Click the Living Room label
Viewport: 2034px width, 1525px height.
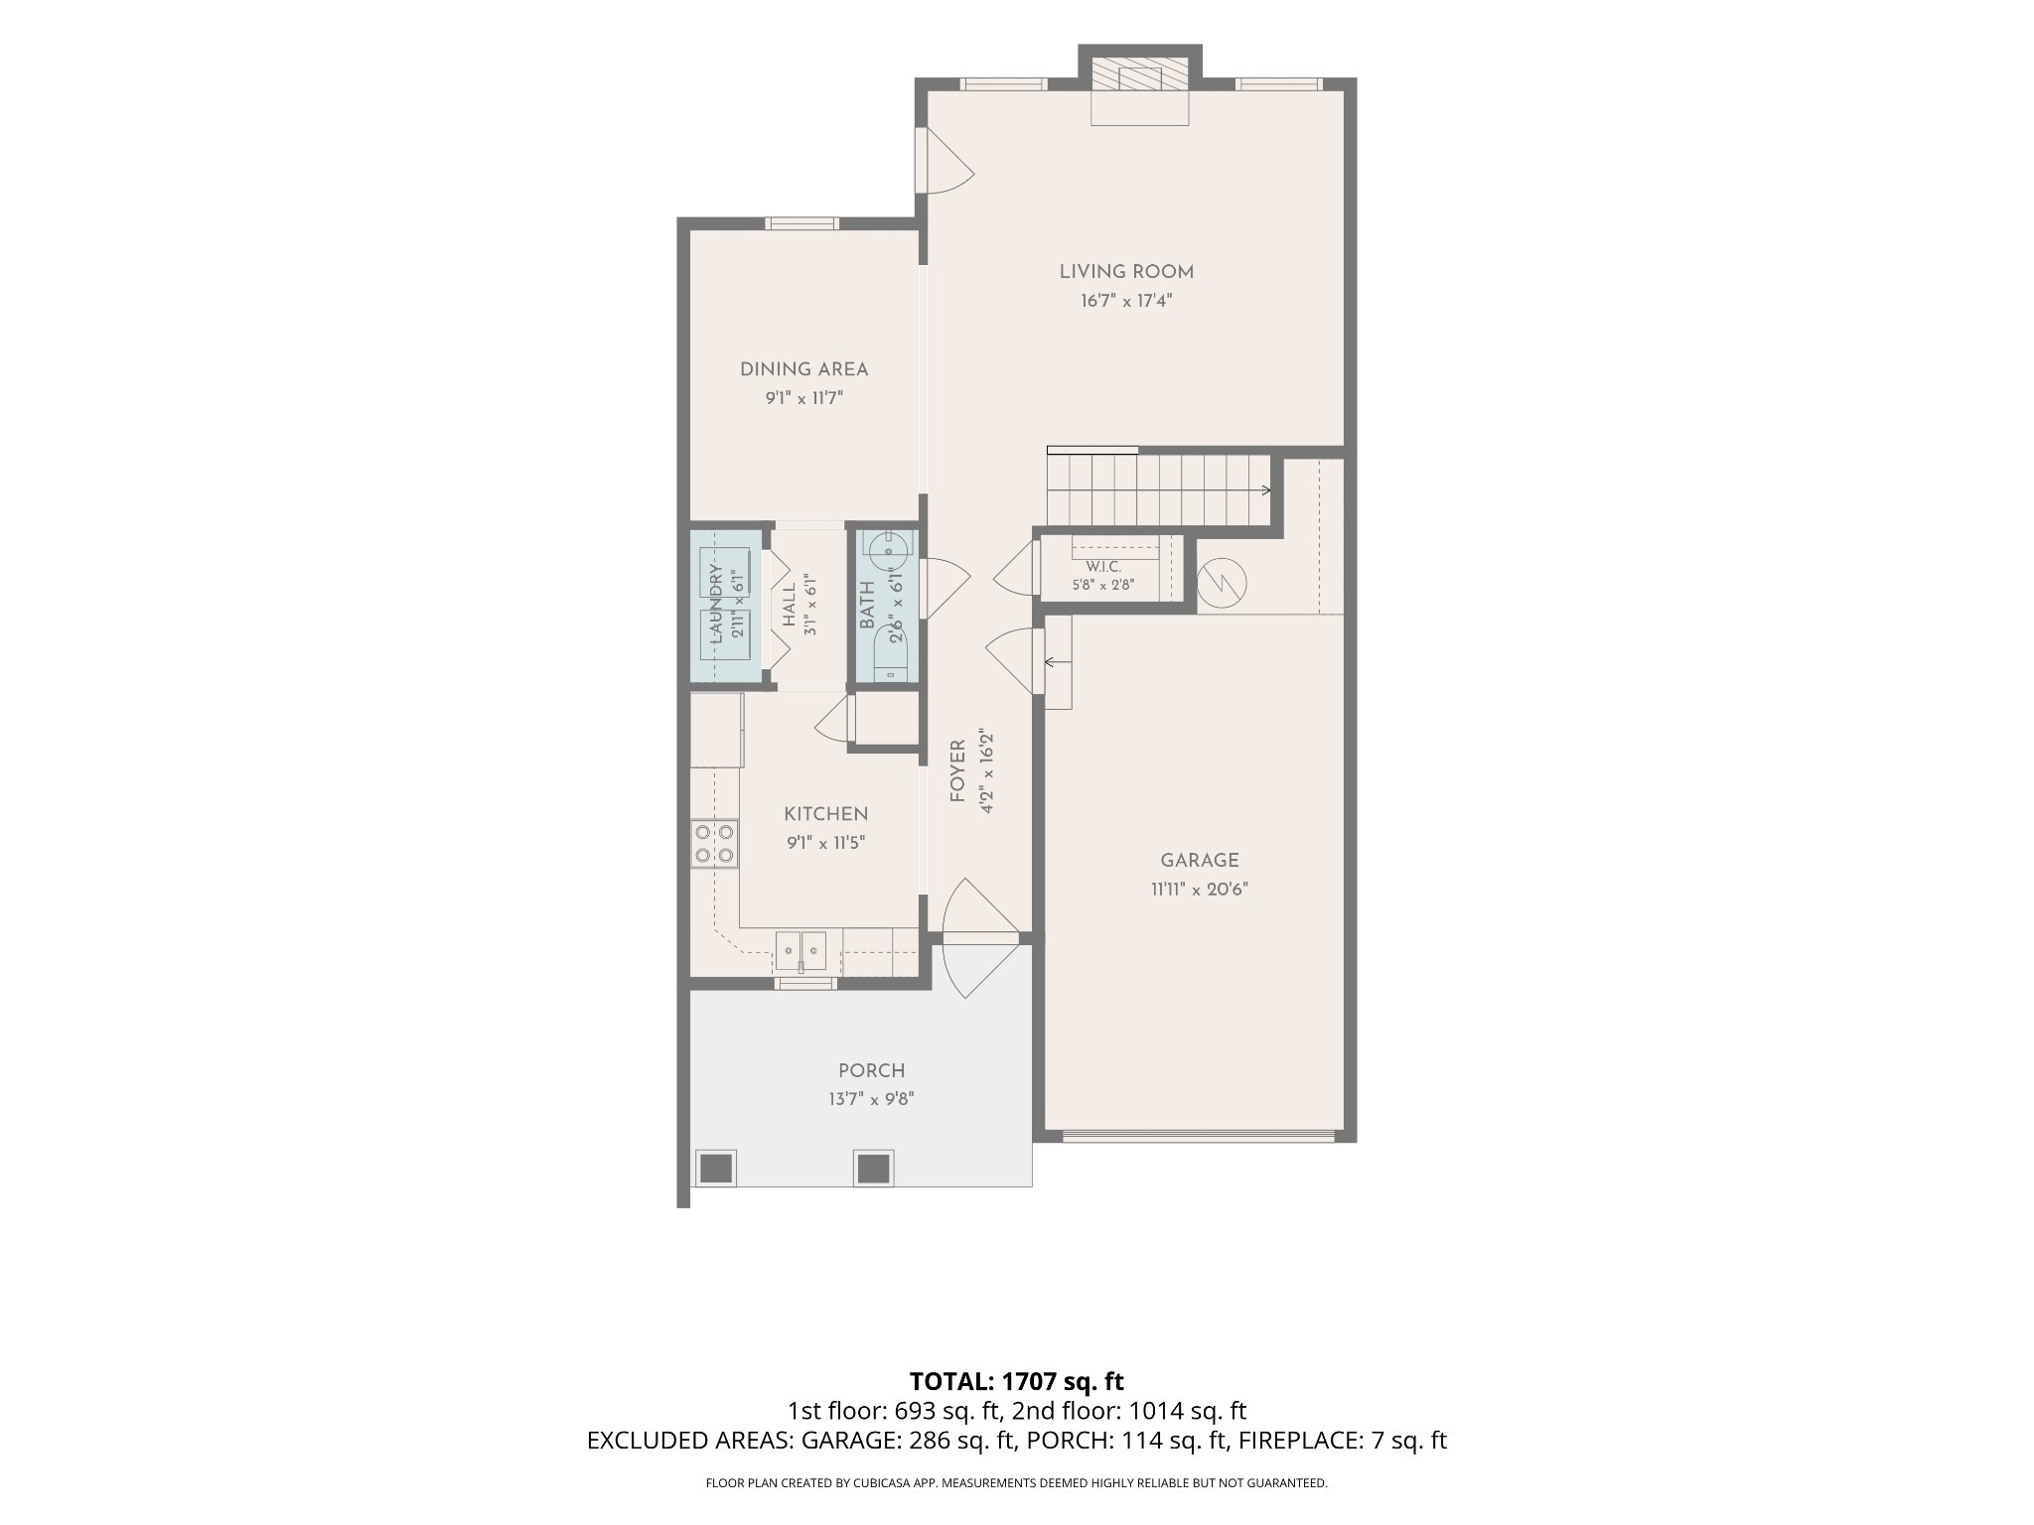coord(1126,271)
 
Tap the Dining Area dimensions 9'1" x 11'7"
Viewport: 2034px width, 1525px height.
coord(803,398)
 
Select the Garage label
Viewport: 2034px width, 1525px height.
coord(1200,860)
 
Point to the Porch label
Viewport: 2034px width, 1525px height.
coord(871,1070)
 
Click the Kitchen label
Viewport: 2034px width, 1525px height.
coord(825,814)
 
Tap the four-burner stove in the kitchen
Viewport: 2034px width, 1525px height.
coord(714,844)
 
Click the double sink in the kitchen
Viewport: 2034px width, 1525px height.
coord(800,951)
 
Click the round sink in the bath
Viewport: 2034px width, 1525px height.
coord(884,547)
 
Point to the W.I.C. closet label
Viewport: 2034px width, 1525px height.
coord(1102,567)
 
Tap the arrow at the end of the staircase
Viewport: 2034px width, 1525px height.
coord(1265,489)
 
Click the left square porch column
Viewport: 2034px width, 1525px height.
coord(715,1168)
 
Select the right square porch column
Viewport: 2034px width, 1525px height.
coord(873,1168)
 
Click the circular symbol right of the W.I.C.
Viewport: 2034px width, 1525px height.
coord(1222,583)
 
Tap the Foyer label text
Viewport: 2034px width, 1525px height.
coord(957,770)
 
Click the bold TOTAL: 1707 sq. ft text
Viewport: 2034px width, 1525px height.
coord(1016,1381)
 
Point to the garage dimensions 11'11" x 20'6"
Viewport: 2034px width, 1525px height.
coord(1200,890)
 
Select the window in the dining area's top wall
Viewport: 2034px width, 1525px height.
coord(801,223)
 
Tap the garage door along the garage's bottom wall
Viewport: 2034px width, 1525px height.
coord(1198,1136)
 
